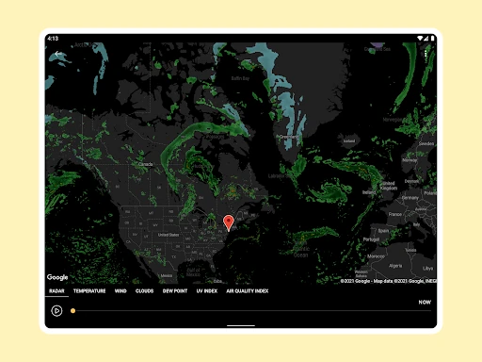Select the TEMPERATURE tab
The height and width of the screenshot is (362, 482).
tap(89, 291)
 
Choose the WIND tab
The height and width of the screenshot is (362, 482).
tap(120, 291)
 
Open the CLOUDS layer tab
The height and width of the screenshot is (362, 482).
tap(144, 291)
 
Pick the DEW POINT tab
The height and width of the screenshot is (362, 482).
tap(174, 291)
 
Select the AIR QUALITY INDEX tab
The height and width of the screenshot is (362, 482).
tap(248, 291)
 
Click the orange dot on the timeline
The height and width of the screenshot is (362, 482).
tap(73, 310)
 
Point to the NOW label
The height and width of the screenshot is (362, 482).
tap(425, 303)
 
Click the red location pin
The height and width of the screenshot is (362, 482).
tap(228, 222)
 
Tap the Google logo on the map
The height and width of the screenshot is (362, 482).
tap(57, 277)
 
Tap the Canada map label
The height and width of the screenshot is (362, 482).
tap(146, 165)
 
